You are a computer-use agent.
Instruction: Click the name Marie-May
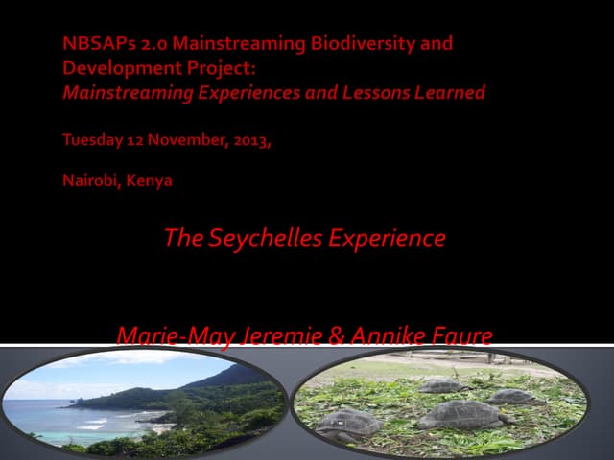[x=164, y=336]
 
